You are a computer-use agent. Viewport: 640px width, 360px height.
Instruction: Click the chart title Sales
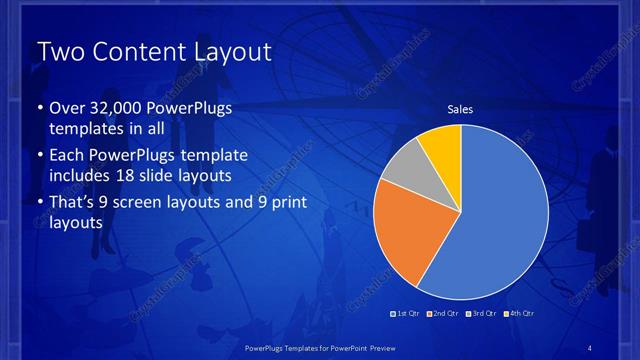point(460,110)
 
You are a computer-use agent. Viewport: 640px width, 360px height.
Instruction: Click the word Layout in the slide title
point(226,52)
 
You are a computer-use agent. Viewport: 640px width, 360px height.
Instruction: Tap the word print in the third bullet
point(283,204)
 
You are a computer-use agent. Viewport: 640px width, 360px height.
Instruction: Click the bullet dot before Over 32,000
point(39,110)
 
